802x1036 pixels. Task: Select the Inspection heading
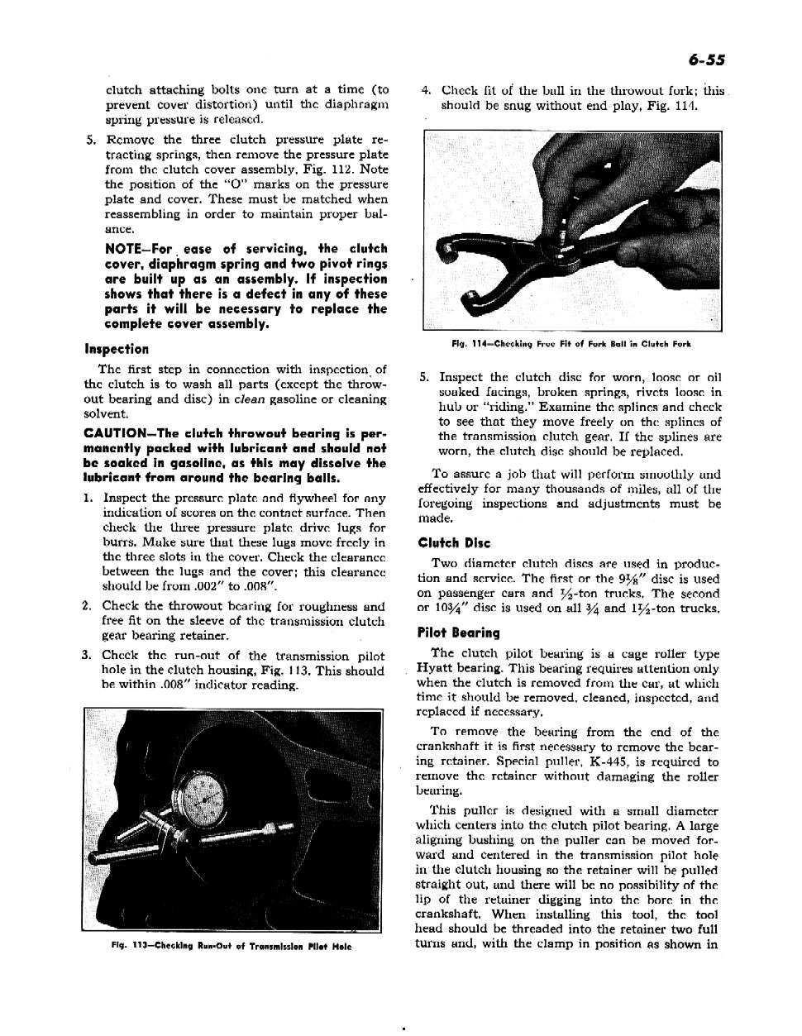coord(117,349)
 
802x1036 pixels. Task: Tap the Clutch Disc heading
coord(454,543)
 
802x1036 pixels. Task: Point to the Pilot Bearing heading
coord(459,633)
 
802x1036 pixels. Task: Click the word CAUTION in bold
coord(114,433)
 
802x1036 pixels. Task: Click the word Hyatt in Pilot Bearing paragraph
coord(432,669)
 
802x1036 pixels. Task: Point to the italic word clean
coord(250,399)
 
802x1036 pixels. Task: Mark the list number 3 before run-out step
coord(86,656)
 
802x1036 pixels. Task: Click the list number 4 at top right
coord(425,91)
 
